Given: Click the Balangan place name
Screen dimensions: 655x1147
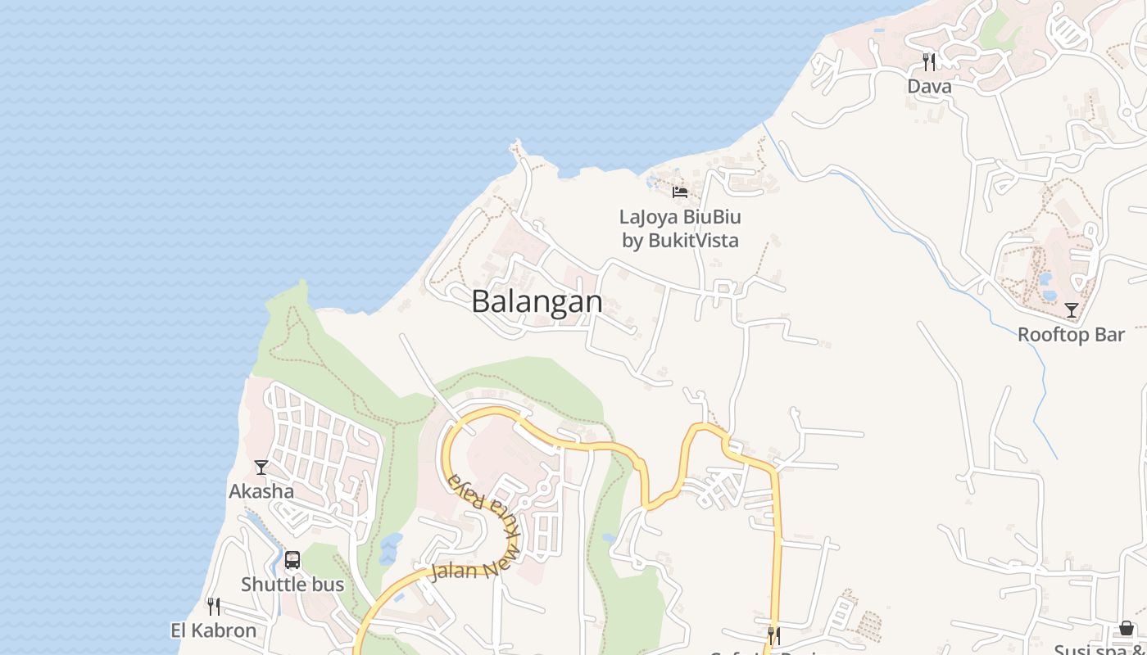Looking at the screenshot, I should [537, 301].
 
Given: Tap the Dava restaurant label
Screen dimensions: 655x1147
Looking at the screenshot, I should [929, 86].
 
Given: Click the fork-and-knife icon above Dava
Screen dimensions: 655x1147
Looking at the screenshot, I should [929, 61].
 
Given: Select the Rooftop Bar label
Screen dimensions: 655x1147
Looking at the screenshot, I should [1071, 334].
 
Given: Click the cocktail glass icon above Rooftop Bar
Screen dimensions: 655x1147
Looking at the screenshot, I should [1071, 310].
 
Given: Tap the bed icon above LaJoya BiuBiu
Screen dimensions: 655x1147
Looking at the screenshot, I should [680, 192].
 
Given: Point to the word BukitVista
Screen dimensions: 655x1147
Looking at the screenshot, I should [693, 240].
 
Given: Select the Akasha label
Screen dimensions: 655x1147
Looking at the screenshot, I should [261, 491].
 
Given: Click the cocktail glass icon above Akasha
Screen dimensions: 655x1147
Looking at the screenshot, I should [261, 468].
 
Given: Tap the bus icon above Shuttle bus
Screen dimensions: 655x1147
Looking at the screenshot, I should [292, 561].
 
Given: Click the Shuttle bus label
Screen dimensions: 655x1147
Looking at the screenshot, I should [292, 585].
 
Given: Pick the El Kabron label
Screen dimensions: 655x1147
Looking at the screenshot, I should [214, 630].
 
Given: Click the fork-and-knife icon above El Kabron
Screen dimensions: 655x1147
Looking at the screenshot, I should [214, 607].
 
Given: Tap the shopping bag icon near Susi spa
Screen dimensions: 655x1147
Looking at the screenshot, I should [1127, 628].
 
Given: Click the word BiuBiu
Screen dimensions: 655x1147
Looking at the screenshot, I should [711, 217].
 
